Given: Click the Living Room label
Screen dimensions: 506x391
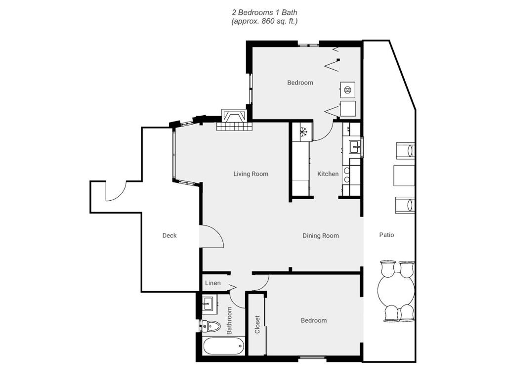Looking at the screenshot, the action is [251, 174].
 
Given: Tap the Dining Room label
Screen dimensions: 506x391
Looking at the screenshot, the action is [320, 236].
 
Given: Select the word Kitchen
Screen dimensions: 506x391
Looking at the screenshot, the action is [328, 174].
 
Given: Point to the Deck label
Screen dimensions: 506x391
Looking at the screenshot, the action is [169, 236].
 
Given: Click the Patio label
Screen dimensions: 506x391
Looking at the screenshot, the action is [386, 235].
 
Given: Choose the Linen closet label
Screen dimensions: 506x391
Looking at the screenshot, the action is [213, 283].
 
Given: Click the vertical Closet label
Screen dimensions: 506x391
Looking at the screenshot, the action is [257, 324].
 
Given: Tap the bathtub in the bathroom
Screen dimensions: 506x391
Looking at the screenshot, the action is [223, 346].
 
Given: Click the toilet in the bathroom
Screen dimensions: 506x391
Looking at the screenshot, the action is [211, 326].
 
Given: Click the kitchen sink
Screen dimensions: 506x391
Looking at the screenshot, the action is [355, 147].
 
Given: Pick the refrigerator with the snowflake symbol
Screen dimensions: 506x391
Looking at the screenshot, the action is [303, 131].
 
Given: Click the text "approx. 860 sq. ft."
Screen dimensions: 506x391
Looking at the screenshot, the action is [264, 22].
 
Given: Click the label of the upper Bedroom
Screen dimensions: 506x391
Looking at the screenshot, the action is [300, 83].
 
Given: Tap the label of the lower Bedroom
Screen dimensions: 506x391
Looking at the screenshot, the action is [314, 321].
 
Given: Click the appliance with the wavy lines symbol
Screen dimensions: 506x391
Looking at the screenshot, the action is [347, 90].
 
